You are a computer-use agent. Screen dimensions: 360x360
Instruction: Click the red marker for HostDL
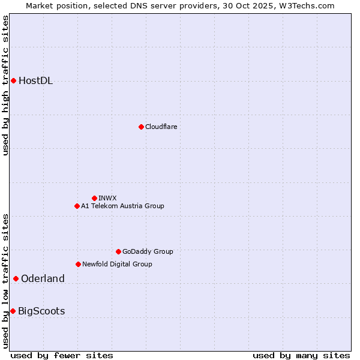(13, 80)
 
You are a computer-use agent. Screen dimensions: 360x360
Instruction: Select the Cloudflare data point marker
(141, 127)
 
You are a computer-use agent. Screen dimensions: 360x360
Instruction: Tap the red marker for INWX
(94, 198)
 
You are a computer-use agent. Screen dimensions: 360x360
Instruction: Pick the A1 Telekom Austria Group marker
(77, 206)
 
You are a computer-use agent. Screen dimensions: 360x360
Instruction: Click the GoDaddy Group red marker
(118, 251)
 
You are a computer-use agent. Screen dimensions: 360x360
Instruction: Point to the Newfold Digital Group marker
(78, 264)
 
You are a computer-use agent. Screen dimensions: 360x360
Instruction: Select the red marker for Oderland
(16, 278)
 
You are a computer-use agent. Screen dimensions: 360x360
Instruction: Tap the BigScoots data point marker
(13, 311)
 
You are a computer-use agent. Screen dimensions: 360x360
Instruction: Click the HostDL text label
(36, 81)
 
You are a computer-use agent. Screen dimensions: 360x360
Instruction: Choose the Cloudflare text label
(161, 127)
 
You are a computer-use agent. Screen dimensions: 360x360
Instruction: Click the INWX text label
(107, 198)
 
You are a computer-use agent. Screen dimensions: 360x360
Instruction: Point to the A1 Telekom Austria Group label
(122, 206)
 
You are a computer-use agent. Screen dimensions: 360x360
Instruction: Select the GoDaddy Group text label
(148, 251)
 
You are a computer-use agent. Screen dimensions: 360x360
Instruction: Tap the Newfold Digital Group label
(117, 264)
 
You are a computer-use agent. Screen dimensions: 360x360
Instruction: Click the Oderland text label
(43, 278)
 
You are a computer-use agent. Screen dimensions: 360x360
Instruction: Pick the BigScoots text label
(41, 311)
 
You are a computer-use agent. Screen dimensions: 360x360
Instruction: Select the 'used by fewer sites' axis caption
(62, 355)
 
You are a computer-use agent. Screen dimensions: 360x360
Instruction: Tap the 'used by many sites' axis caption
(301, 355)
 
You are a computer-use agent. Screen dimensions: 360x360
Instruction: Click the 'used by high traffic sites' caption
(6, 85)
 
